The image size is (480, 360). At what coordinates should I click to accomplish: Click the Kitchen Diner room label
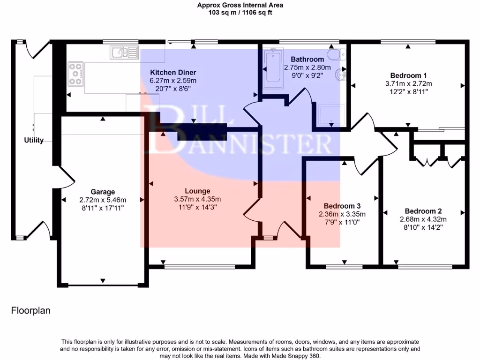173,73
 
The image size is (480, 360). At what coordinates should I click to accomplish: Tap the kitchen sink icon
124,52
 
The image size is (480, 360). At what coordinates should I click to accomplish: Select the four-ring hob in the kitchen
75,74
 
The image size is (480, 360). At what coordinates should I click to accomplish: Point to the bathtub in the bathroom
273,66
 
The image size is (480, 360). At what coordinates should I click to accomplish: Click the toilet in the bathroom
337,54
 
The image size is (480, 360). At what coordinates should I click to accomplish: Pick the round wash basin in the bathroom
340,75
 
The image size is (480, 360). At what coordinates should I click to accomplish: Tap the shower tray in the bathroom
331,114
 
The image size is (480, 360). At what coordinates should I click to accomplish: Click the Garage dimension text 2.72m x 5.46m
103,200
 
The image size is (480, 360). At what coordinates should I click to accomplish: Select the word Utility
34,140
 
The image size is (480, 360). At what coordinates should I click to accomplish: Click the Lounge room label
197,191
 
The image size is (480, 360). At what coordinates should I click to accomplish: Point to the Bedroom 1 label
408,75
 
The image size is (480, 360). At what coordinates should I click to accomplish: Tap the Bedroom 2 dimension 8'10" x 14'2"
423,227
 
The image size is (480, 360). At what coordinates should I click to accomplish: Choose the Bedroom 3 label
342,206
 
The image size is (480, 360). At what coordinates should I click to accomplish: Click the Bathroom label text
307,59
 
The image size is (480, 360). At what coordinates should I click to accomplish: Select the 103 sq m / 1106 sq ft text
240,13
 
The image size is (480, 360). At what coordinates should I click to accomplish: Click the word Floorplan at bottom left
30,311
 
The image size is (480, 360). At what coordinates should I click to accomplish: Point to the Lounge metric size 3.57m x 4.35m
197,199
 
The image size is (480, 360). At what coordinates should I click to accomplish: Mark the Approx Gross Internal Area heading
240,5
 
